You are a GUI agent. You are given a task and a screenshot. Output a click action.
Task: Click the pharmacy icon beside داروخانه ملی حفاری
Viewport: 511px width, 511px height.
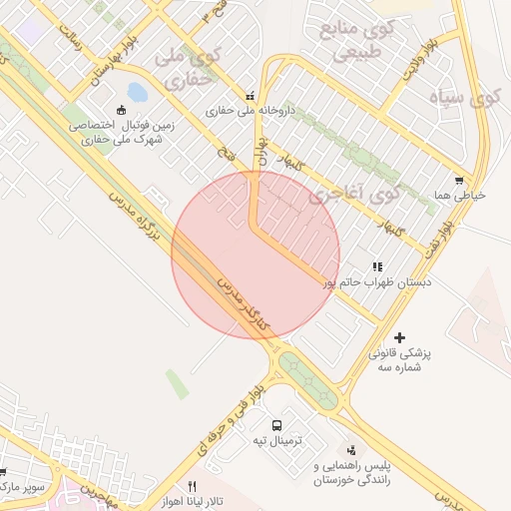click(250, 96)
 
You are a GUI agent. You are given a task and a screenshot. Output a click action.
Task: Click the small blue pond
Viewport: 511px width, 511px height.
click(137, 94)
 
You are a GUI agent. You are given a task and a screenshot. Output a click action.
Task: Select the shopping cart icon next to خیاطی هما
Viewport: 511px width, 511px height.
click(458, 181)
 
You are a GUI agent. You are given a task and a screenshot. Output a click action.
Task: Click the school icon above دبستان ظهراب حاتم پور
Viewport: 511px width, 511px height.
click(377, 266)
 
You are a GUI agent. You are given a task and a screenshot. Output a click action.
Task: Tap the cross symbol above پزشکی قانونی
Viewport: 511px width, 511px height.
click(401, 338)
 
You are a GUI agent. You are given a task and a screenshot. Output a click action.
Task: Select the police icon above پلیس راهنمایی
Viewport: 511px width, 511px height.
click(351, 450)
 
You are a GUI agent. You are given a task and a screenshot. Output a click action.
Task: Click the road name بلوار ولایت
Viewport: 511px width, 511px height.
click(420, 61)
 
